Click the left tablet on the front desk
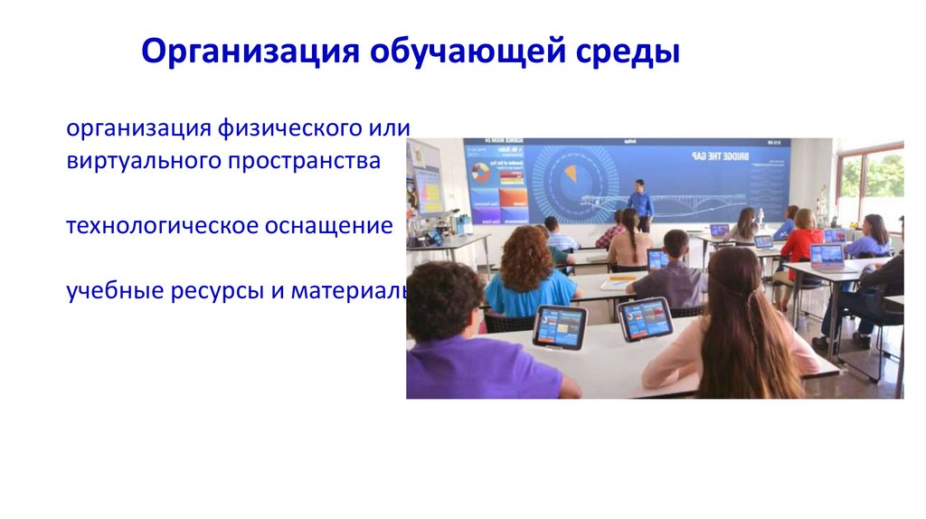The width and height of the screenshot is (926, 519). (x=559, y=326)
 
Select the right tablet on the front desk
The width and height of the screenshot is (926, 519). (x=645, y=318)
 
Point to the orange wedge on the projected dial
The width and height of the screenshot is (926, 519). (x=570, y=172)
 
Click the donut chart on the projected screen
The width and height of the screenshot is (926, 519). (x=480, y=172)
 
